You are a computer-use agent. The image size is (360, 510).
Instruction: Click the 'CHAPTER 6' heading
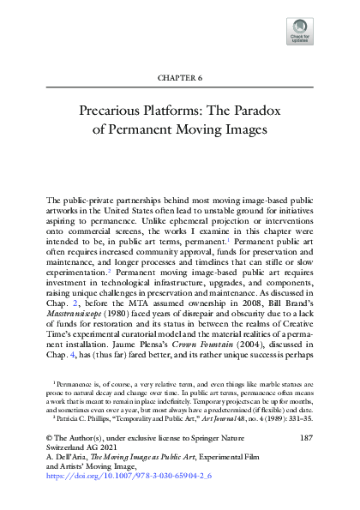coord(180,77)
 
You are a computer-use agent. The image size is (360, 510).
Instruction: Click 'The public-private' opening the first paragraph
coord(79,201)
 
